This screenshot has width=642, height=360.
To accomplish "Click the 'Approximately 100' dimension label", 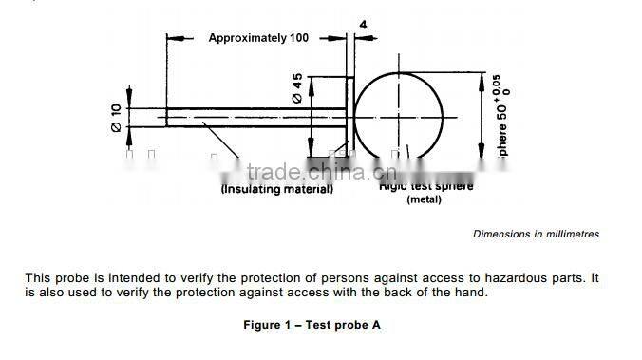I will tap(258, 38).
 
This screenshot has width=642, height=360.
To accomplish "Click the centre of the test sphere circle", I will tap(400, 117).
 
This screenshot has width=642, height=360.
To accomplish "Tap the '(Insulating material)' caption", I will tap(277, 189).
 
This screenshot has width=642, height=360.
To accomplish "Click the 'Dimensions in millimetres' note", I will tap(536, 234).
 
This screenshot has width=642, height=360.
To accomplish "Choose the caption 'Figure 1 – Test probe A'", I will tap(311, 325).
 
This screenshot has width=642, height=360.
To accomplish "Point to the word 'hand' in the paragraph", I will tap(471, 292).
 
